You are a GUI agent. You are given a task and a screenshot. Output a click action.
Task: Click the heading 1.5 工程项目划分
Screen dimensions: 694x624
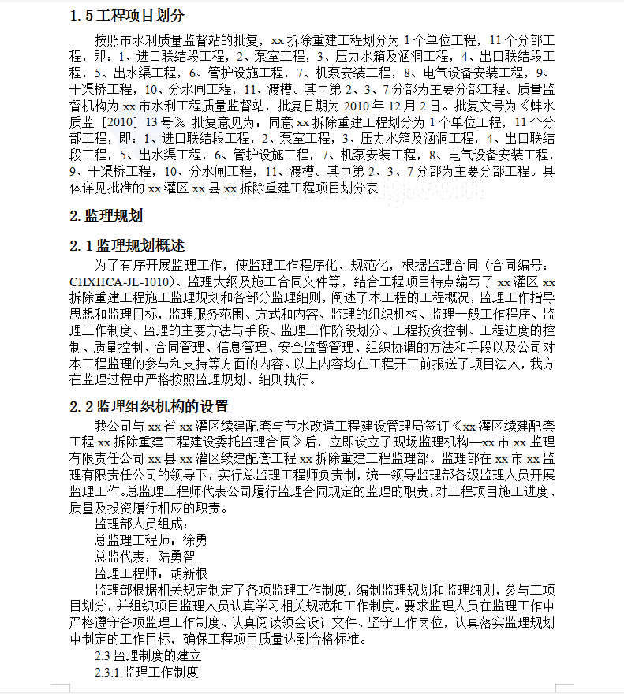pos(127,16)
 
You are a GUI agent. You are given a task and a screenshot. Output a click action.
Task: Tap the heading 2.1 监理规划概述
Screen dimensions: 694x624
pos(127,245)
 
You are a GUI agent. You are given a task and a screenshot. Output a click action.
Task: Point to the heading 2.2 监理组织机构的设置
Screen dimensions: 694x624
pos(148,406)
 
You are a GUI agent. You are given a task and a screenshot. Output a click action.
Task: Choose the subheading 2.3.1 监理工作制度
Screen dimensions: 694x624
pos(146,672)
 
